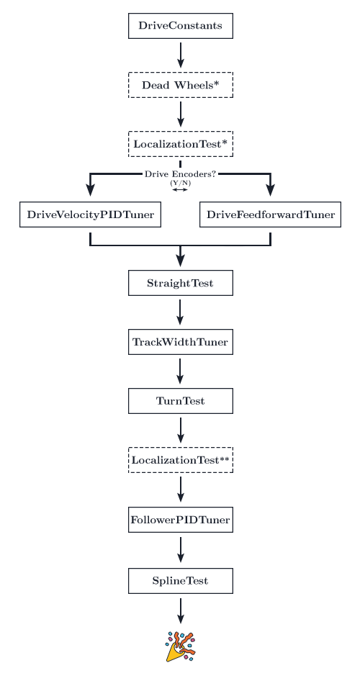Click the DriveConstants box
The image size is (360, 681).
[x=180, y=26]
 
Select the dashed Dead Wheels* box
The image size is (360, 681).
[x=180, y=85]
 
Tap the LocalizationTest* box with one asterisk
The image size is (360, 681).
[x=180, y=144]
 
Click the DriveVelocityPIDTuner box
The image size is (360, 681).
[x=90, y=215]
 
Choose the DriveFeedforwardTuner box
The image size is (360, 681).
[x=270, y=215]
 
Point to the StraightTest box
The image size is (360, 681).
[x=180, y=283]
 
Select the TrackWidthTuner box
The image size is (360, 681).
[x=180, y=342]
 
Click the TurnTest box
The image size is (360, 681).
[x=180, y=401]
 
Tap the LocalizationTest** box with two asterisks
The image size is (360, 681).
[x=180, y=460]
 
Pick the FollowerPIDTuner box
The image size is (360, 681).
[x=180, y=520]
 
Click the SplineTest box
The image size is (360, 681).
[x=180, y=581]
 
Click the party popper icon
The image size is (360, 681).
[x=181, y=646]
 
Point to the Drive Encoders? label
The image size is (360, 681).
[x=180, y=174]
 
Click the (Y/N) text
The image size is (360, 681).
[x=180, y=183]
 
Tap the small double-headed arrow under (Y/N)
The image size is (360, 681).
[x=180, y=189]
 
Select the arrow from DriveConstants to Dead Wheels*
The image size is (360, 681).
[x=181, y=55]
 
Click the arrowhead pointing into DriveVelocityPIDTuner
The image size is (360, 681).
[x=90, y=190]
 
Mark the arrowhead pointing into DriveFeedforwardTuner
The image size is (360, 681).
[x=270, y=190]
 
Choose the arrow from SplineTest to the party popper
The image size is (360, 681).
[x=181, y=610]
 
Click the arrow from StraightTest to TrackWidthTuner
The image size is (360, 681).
[x=180, y=312]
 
